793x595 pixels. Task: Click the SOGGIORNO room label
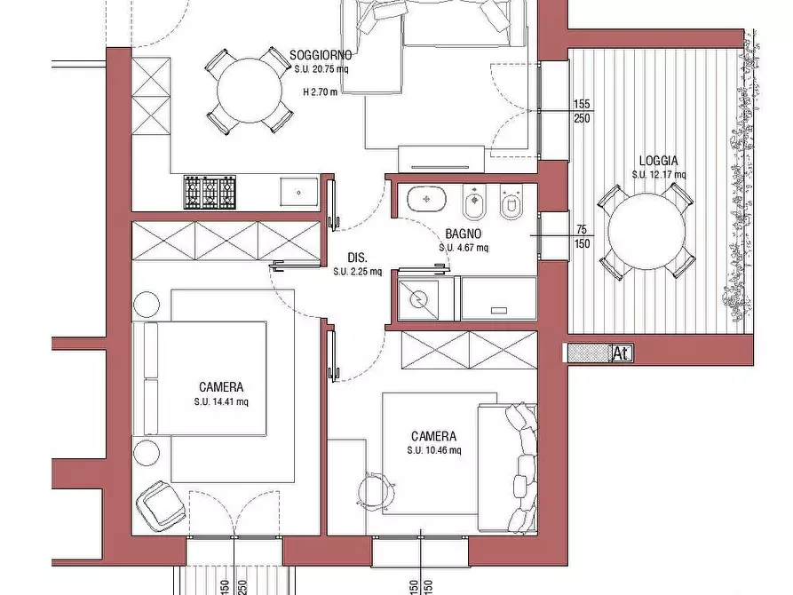click(x=321, y=55)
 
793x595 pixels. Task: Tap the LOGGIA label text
click(x=659, y=161)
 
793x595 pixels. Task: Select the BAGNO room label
click(x=464, y=234)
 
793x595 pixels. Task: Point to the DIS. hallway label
click(x=358, y=258)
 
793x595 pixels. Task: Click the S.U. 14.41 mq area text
click(x=221, y=402)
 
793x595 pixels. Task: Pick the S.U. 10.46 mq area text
click(x=434, y=450)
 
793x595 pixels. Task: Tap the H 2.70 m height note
click(x=321, y=92)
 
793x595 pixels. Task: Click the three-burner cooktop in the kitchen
click(x=210, y=192)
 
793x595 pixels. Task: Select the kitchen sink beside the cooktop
click(x=299, y=192)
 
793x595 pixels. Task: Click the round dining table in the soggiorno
click(x=250, y=91)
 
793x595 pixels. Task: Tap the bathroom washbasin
click(x=426, y=198)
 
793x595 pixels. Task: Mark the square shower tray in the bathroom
click(x=419, y=300)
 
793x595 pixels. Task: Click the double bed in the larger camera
click(x=201, y=378)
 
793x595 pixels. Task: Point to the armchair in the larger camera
click(x=160, y=504)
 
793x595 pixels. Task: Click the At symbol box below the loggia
click(x=622, y=353)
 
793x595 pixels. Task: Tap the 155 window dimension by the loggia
click(x=582, y=104)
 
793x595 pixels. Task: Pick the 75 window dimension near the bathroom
click(x=582, y=230)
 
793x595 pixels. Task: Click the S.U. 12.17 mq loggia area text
click(x=659, y=175)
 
